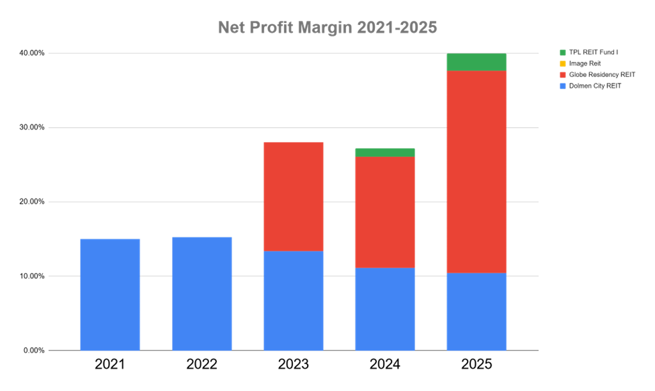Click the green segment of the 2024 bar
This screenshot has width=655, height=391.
click(385, 152)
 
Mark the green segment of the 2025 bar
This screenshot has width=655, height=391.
click(477, 62)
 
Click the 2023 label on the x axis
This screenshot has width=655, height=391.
click(294, 365)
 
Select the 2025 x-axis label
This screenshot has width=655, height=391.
click(477, 365)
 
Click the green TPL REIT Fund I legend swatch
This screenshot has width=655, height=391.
click(562, 52)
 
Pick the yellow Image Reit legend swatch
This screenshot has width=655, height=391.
click(562, 63)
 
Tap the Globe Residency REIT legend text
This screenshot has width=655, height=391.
click(602, 75)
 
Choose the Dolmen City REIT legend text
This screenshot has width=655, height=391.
click(595, 86)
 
